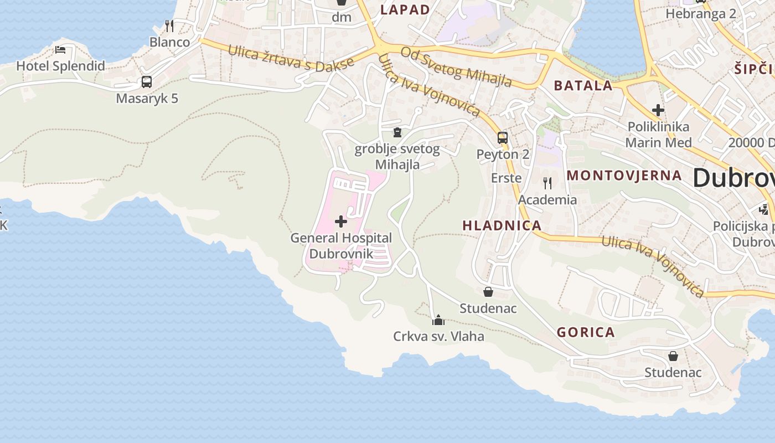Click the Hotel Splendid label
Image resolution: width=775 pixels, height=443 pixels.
(x=60, y=66)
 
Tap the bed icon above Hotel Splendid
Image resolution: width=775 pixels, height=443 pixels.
(x=60, y=50)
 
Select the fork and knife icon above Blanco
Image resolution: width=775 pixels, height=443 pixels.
(x=169, y=25)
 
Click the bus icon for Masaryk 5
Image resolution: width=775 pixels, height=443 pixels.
(x=146, y=82)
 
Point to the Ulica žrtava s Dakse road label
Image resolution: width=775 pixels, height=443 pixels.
(x=291, y=58)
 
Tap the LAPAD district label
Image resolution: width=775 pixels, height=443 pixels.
(x=405, y=9)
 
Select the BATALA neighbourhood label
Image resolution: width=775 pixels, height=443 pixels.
(x=583, y=85)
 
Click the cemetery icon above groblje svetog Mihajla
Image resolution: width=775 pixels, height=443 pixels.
(x=397, y=132)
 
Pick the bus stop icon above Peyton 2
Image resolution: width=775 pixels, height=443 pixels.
(x=502, y=138)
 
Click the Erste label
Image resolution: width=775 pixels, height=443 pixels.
(x=507, y=178)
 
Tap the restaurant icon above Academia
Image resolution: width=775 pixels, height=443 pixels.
(x=547, y=183)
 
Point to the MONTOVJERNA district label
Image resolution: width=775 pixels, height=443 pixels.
(x=624, y=176)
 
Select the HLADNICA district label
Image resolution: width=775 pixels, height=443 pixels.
(x=502, y=225)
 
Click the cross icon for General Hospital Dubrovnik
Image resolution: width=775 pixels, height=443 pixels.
(x=341, y=221)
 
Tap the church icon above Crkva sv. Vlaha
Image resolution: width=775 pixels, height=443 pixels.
(x=438, y=320)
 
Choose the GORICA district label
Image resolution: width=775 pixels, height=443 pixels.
(x=586, y=332)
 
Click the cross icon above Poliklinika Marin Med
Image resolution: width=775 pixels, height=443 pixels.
(x=658, y=110)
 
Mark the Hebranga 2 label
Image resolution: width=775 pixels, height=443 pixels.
(x=701, y=14)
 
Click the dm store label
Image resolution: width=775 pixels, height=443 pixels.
(x=342, y=17)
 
